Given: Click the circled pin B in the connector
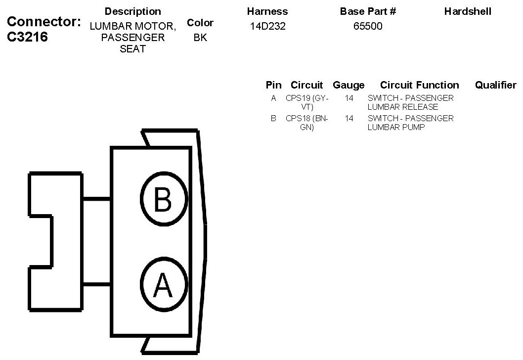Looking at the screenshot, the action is pyautogui.click(x=164, y=199).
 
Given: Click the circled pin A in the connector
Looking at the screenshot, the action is pyautogui.click(x=164, y=285).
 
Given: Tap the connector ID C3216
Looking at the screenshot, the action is pyautogui.click(x=28, y=38).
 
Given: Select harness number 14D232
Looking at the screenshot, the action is pyautogui.click(x=267, y=26).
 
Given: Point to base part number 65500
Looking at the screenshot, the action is pyautogui.click(x=368, y=26).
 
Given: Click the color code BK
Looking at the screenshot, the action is pyautogui.click(x=200, y=38).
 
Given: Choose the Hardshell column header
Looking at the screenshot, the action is pyautogui.click(x=468, y=11).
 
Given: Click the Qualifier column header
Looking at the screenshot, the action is pyautogui.click(x=495, y=85).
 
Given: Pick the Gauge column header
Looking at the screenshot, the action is pyautogui.click(x=349, y=85).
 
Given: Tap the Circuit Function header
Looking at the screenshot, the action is pyautogui.click(x=419, y=85).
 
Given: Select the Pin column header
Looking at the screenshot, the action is pyautogui.click(x=273, y=85).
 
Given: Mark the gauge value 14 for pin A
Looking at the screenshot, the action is pyautogui.click(x=349, y=98).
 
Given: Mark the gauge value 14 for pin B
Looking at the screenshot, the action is pyautogui.click(x=349, y=119).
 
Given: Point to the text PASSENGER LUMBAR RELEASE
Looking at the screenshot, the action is pyautogui.click(x=410, y=102).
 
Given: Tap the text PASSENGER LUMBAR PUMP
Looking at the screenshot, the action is pyautogui.click(x=410, y=123).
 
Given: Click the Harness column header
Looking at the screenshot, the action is pyautogui.click(x=267, y=11).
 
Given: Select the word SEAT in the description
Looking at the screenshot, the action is pyautogui.click(x=132, y=49).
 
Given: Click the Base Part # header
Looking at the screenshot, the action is pyautogui.click(x=368, y=11).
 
